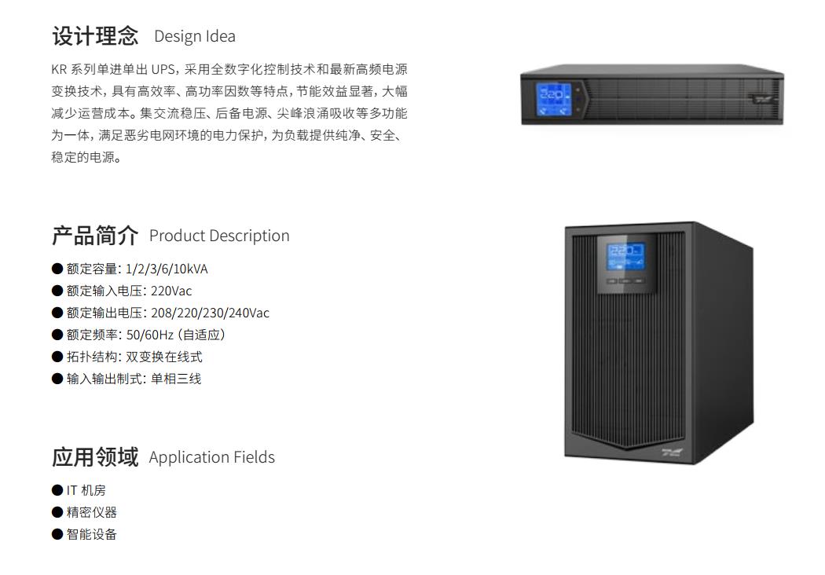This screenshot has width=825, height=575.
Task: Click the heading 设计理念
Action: tap(95, 36)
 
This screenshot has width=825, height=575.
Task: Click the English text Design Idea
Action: tap(195, 36)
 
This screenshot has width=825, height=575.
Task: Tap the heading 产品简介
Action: tap(95, 235)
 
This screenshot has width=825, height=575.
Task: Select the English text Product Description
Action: tap(219, 236)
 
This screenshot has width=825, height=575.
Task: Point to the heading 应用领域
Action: tap(95, 456)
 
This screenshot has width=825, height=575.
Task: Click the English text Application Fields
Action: tap(212, 457)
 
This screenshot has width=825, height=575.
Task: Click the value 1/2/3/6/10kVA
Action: tap(167, 269)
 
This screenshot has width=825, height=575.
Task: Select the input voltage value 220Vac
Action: tap(171, 291)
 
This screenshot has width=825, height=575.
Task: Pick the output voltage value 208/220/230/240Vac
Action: tap(211, 313)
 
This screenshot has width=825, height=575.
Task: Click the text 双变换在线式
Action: tap(163, 357)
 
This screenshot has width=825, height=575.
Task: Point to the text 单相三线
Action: tap(176, 379)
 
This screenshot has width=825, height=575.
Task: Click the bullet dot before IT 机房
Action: tap(57, 490)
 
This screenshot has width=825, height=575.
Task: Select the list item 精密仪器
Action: tap(92, 512)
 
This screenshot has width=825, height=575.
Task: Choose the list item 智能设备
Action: tap(92, 534)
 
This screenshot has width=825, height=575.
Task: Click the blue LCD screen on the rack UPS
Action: tap(554, 98)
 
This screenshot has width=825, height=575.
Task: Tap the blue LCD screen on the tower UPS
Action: tap(625, 257)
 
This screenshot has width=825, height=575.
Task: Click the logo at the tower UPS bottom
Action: tap(672, 452)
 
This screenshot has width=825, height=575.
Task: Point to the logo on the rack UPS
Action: tap(761, 98)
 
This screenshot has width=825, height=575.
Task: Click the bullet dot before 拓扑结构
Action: tap(57, 357)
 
